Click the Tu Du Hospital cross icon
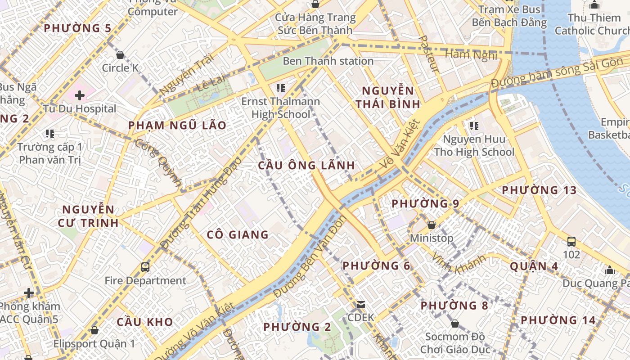pos(80,95)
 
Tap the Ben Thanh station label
pos(328,61)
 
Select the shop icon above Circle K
pos(120,55)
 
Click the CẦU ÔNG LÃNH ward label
pos(306,165)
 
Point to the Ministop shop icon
pos(432,225)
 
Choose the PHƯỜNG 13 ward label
pos(539,190)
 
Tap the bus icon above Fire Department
pos(145,267)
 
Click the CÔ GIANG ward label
pos(238,234)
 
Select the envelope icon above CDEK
pos(361,305)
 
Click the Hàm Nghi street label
pos(471,55)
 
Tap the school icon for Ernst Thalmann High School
pos(281,88)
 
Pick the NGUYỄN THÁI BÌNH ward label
pos(388,97)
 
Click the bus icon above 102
pos(571,242)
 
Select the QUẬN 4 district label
pos(534,266)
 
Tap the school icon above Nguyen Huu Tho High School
pos(474,126)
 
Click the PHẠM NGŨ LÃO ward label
pos(177,126)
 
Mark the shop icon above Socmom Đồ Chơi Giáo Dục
pos(455,324)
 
